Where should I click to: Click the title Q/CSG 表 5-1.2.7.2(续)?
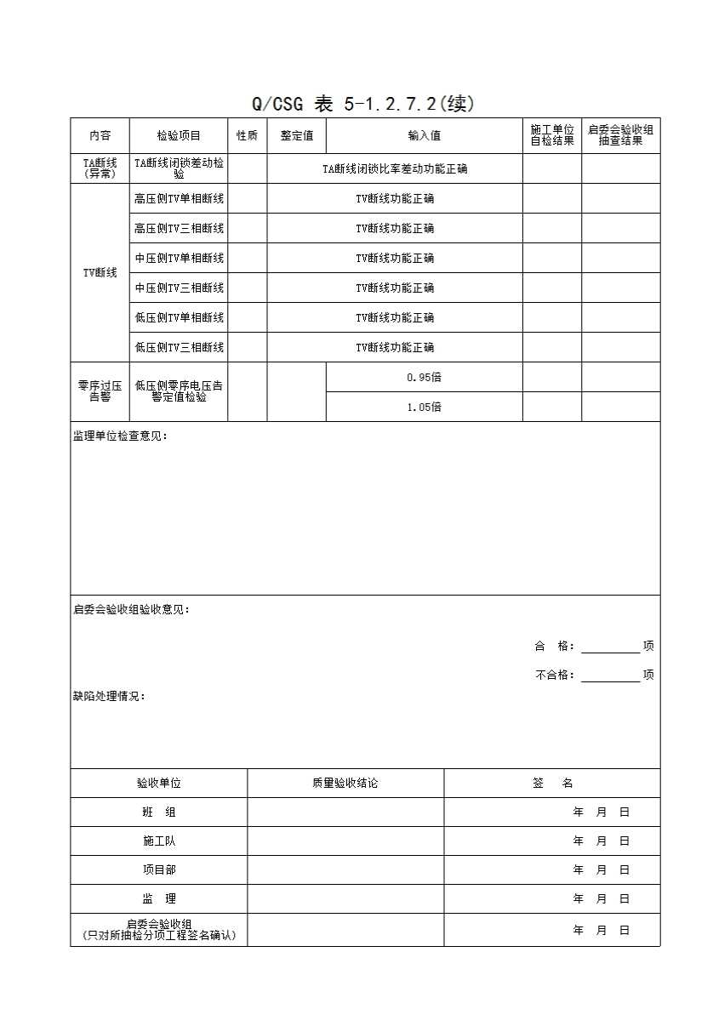(x=362, y=105)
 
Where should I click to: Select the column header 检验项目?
(x=179, y=136)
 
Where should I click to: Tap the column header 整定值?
(x=297, y=136)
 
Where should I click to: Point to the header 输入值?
(x=424, y=136)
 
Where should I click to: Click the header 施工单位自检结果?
(x=552, y=136)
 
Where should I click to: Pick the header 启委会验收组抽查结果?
(x=621, y=136)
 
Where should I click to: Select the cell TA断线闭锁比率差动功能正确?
(x=395, y=169)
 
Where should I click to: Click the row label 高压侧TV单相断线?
(x=179, y=199)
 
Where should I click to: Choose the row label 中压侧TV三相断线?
(x=179, y=288)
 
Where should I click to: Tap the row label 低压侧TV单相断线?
(x=179, y=317)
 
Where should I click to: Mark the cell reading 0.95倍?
(x=424, y=377)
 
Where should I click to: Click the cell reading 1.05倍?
(x=424, y=407)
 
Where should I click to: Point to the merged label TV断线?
(x=100, y=273)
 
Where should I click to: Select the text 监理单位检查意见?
(x=120, y=436)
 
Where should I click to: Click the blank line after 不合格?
(x=610, y=676)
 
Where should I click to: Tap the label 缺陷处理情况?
(x=109, y=696)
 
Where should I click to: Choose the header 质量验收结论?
(x=345, y=783)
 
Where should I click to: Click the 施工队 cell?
(x=159, y=841)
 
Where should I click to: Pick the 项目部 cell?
(x=159, y=869)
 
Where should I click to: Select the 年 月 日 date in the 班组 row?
(x=601, y=812)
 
